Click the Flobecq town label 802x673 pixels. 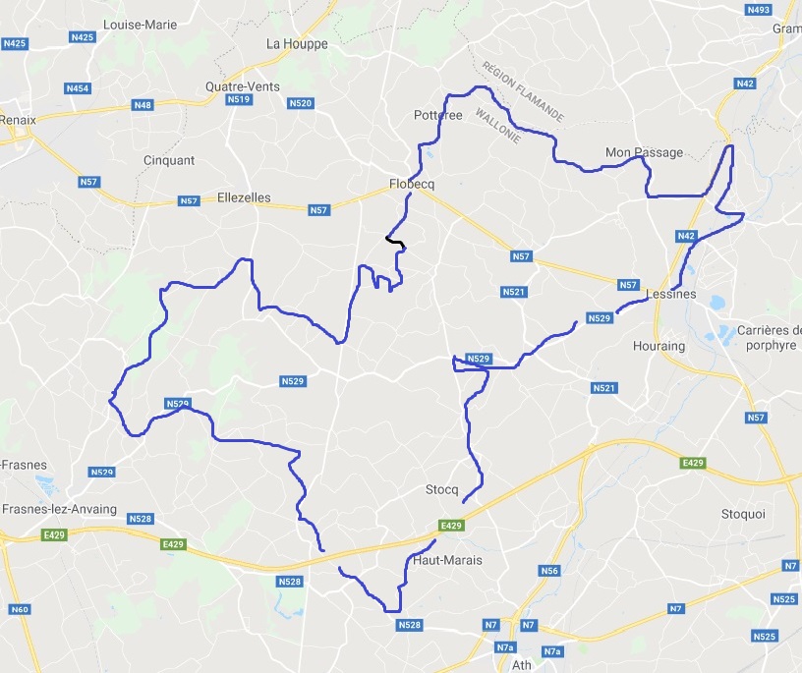point(412,184)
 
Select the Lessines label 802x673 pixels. point(672,294)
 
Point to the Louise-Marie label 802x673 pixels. point(139,25)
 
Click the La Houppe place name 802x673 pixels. point(297,44)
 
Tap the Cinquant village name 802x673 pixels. point(169,160)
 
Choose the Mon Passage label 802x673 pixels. point(644,152)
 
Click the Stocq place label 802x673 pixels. point(442,488)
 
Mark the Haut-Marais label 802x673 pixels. point(448,560)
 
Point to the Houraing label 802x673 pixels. point(659,347)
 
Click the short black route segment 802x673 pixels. point(396,240)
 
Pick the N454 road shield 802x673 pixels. point(78,88)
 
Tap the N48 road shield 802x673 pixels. point(143,105)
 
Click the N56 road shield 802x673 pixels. point(549,571)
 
